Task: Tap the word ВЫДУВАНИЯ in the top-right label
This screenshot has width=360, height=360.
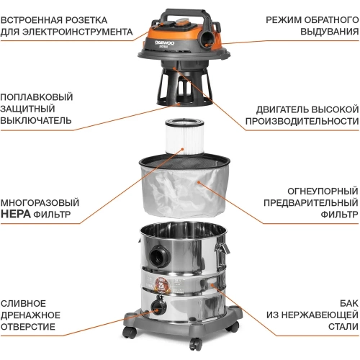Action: click(x=330, y=32)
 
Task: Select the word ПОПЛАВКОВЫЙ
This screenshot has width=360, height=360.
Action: click(x=37, y=97)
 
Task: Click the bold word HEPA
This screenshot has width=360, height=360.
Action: click(x=16, y=214)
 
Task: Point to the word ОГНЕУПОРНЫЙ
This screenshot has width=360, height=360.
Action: click(x=323, y=192)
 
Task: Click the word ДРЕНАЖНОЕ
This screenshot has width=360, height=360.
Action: click(x=30, y=315)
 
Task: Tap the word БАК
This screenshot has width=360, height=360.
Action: click(x=349, y=303)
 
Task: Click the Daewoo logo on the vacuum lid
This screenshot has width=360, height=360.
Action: click(x=165, y=43)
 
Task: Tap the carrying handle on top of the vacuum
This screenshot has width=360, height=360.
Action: click(x=185, y=12)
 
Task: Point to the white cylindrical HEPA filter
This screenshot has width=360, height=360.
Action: click(x=184, y=136)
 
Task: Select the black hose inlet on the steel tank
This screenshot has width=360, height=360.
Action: click(x=159, y=255)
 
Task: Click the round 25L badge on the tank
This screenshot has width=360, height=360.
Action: click(x=161, y=286)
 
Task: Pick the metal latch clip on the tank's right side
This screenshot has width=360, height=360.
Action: click(x=222, y=248)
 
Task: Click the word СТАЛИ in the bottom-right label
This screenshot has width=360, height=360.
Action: click(x=343, y=327)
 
